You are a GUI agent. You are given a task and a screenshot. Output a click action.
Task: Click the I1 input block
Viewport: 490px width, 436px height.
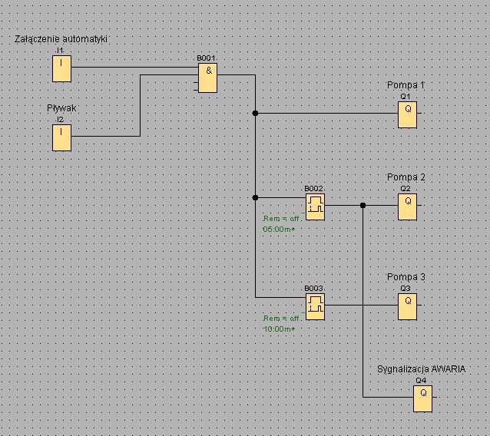tap(61, 69)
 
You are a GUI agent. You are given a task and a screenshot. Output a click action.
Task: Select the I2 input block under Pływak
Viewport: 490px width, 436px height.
tap(61, 137)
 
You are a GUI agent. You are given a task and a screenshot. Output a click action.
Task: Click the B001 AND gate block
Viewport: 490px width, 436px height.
tap(207, 78)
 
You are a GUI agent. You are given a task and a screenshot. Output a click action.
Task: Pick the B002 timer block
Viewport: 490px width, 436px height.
tap(315, 207)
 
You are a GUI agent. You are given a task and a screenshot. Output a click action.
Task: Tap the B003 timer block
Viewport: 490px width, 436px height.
tap(315, 307)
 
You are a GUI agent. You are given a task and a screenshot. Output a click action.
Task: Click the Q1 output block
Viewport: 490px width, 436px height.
tap(407, 114)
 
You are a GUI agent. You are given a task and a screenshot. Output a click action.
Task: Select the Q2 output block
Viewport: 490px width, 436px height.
tap(407, 206)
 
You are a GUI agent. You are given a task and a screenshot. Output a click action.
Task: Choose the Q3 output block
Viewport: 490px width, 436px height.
tap(407, 307)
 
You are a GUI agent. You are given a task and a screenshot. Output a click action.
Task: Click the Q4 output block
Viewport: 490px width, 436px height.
tap(423, 399)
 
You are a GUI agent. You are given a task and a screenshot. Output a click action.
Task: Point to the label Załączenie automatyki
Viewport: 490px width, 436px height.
tap(61, 39)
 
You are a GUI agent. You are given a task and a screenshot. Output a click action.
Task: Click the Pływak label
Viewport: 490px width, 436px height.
tap(61, 108)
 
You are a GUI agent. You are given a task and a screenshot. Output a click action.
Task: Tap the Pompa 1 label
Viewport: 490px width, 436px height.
tap(406, 85)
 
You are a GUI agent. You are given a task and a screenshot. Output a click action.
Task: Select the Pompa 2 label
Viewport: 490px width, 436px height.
tap(406, 177)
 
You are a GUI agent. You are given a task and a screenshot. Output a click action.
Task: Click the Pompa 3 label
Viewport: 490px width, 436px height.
tap(406, 276)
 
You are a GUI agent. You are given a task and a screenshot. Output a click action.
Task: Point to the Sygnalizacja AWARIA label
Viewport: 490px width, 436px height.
tap(421, 369)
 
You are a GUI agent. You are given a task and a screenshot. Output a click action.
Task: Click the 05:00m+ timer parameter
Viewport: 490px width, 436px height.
tap(279, 230)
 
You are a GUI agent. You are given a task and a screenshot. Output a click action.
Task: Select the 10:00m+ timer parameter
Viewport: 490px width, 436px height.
tap(279, 329)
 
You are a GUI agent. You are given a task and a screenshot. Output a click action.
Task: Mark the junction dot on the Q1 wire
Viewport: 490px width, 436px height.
tap(255, 113)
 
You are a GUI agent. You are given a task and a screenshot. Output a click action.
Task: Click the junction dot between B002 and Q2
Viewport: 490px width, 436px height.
tap(363, 205)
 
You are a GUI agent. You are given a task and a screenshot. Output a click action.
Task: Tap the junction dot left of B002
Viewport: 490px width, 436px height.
tap(255, 197)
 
